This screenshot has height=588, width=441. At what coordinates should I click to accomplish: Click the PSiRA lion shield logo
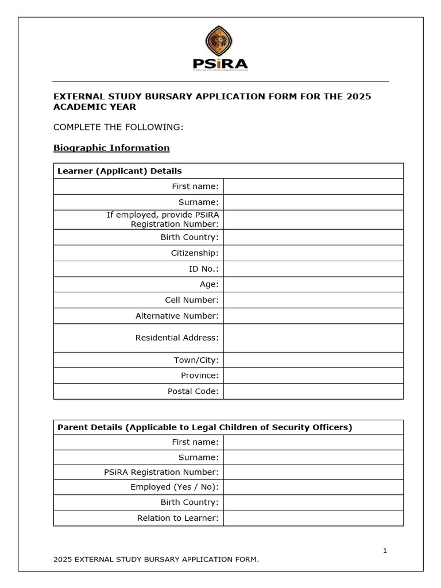pos(220,42)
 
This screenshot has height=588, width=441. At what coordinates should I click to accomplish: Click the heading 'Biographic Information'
pos(111,148)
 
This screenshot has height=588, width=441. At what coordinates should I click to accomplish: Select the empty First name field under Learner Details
pos(313,187)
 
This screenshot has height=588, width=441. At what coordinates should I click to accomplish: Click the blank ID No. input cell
pos(313,269)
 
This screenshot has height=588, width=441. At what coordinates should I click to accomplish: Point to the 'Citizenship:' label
pos(195,253)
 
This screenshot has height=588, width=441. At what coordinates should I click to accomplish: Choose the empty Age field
pos(313,284)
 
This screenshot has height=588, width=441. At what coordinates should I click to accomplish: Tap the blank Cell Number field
pos(313,300)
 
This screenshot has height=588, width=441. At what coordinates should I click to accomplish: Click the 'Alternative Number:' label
pos(177,316)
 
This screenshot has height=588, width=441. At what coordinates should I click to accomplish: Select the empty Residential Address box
pos(313,338)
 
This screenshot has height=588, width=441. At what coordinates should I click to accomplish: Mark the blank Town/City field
pos(313,360)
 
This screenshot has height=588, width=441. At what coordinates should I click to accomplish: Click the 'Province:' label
pos(200,376)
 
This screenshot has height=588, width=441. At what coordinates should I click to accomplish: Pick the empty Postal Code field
pos(313,391)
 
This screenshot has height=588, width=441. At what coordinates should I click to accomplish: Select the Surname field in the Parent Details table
pos(313,458)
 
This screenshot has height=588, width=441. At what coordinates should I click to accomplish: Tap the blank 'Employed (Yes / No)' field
pos(313,487)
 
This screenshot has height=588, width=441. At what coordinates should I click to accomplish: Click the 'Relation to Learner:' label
pos(178,518)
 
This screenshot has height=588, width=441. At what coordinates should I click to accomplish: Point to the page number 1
pos(385,551)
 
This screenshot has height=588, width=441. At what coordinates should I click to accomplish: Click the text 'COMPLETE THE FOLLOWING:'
pos(118,127)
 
